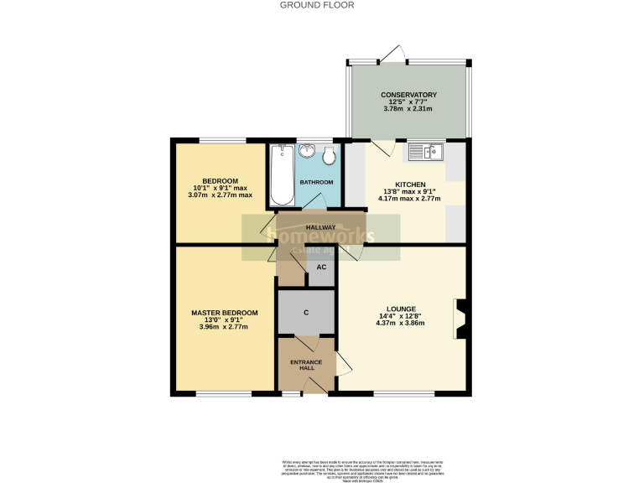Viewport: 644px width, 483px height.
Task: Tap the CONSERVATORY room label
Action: (x=408, y=95)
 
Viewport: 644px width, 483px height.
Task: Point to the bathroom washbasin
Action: (x=308, y=151)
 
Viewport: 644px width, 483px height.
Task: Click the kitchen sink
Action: (x=426, y=152)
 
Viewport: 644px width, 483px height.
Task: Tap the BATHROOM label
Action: (x=317, y=183)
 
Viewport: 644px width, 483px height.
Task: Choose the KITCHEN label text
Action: (x=411, y=184)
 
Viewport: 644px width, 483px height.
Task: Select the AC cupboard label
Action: (x=321, y=268)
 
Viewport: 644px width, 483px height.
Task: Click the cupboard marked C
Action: (x=306, y=312)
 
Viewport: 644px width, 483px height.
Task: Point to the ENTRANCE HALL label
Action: (x=306, y=365)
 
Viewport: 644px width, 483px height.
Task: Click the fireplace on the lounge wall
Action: (x=460, y=319)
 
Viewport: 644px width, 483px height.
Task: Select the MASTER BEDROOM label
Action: (x=225, y=313)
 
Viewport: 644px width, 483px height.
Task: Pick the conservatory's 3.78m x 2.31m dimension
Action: (x=408, y=109)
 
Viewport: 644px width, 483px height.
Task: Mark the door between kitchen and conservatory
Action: (x=382, y=148)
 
